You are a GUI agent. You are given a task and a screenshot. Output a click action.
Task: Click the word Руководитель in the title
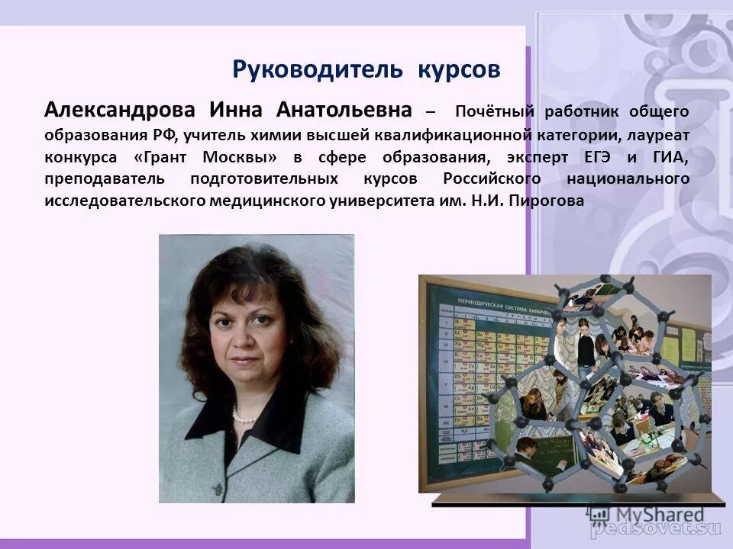[x=317, y=69]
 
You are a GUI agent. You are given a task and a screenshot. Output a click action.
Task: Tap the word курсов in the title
[x=459, y=69]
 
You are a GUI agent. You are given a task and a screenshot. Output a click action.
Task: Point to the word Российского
[x=492, y=179]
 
